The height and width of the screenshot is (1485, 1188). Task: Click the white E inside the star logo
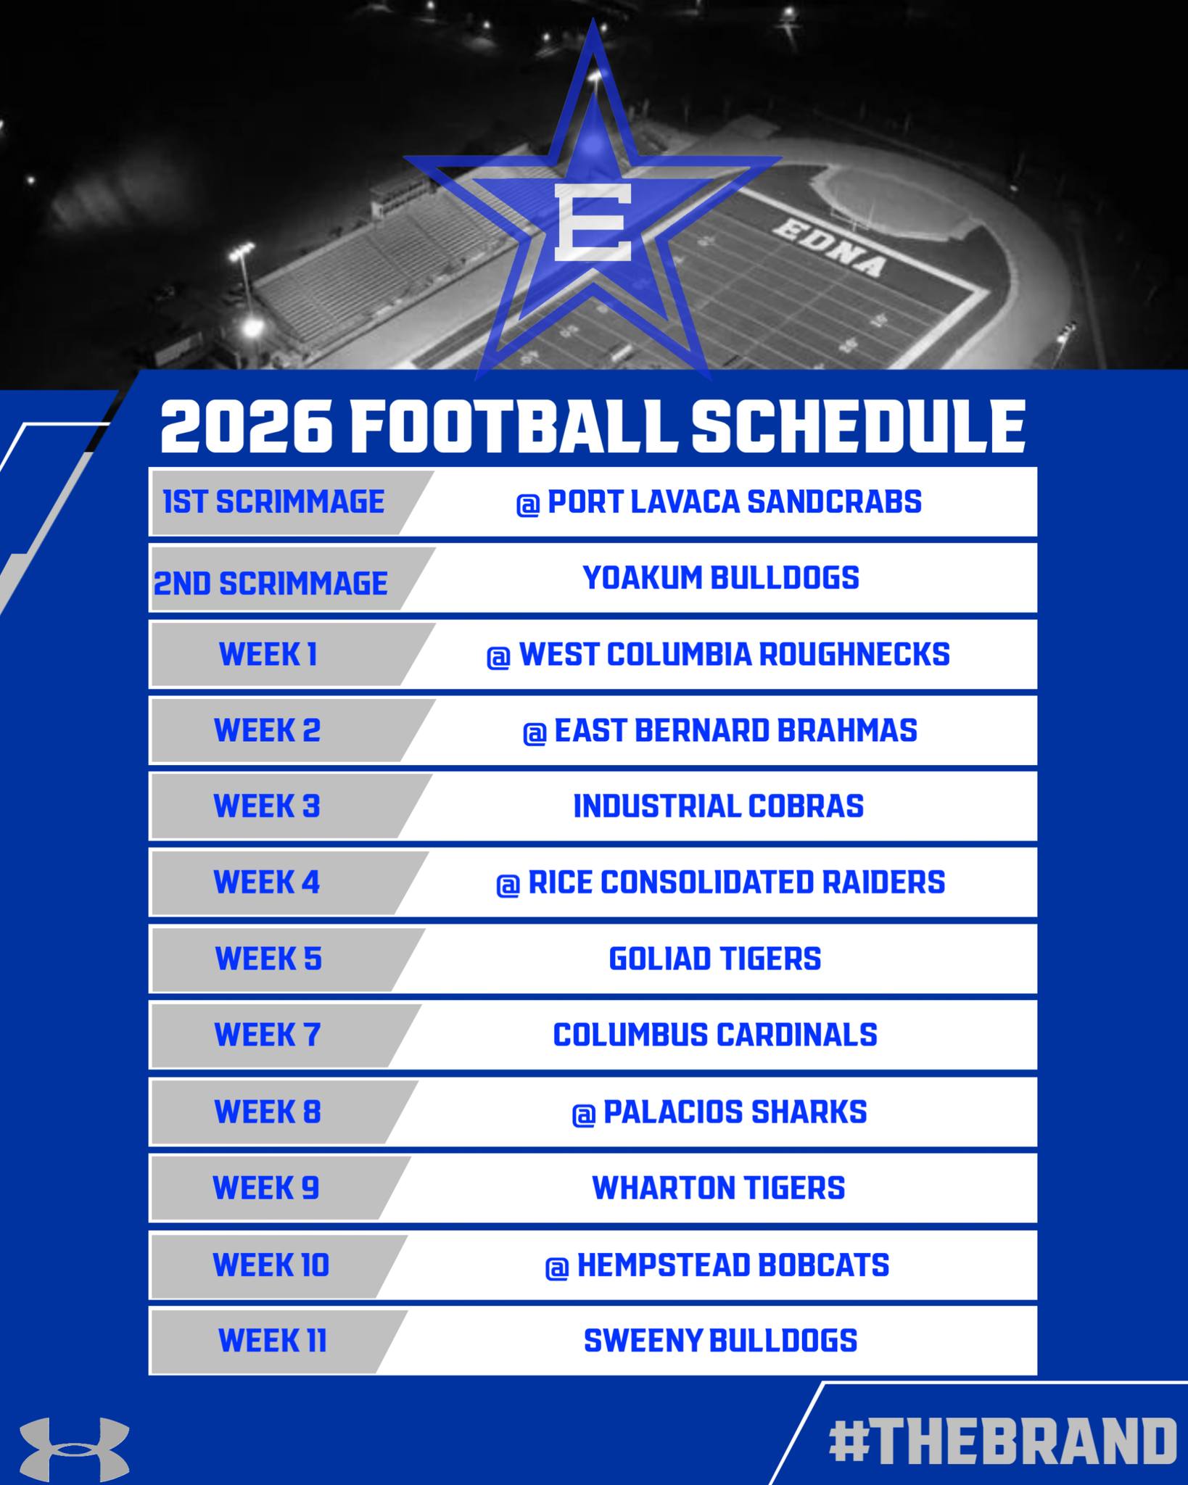tap(593, 223)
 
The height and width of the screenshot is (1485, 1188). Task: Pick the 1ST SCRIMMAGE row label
tap(273, 502)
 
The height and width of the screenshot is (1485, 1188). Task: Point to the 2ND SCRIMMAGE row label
tap(271, 583)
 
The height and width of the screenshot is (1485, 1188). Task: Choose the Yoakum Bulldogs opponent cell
tap(721, 578)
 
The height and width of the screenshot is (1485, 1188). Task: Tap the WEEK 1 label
tap(268, 655)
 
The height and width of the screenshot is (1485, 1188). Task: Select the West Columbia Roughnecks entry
tap(718, 655)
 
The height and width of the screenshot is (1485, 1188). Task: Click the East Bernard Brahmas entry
tap(719, 731)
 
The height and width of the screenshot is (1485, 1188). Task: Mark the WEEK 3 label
tap(267, 806)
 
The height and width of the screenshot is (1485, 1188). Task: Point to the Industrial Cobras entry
tap(718, 806)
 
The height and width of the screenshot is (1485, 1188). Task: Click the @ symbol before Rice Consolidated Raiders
tap(508, 885)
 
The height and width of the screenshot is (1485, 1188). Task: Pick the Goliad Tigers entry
tap(714, 959)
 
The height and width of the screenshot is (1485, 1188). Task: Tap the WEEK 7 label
tap(267, 1035)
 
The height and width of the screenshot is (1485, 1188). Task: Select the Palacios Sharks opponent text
tap(734, 1112)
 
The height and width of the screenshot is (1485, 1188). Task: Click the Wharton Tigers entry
tap(718, 1188)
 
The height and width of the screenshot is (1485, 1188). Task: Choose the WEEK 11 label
tap(272, 1340)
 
